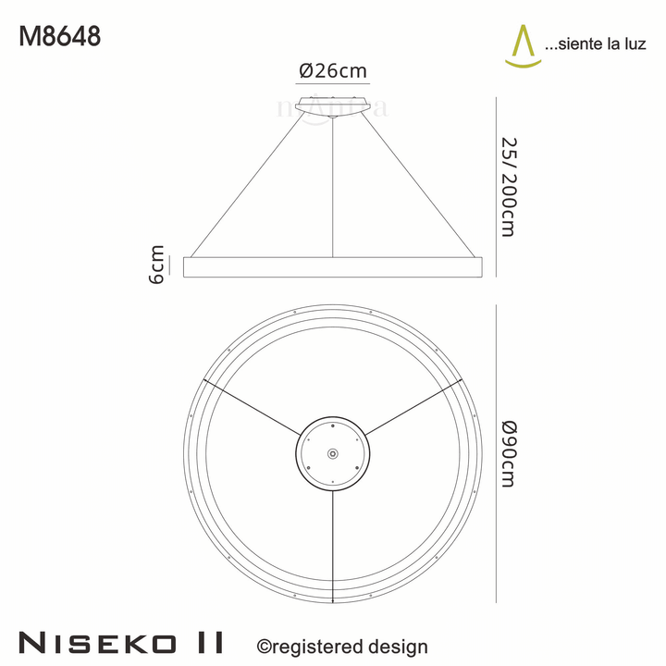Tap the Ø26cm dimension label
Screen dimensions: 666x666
333,70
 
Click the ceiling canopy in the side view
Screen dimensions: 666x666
333,105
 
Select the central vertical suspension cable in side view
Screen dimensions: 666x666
333,185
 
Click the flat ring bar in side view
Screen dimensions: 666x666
333,266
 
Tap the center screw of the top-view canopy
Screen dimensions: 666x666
333,453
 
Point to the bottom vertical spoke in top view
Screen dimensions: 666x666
333,536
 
